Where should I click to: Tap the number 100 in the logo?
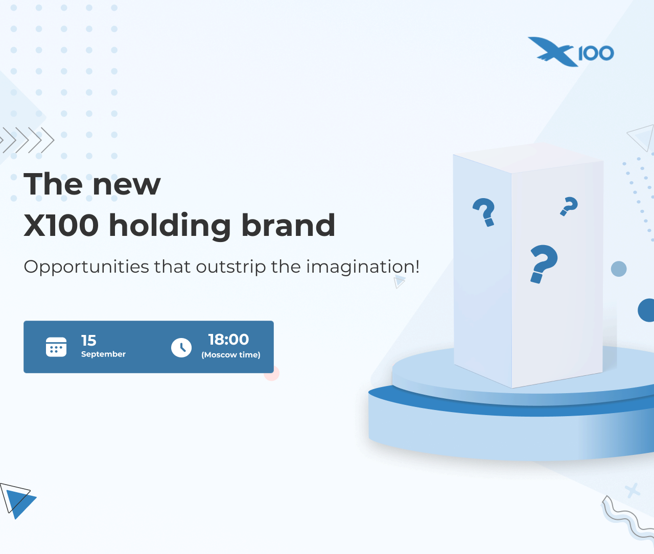pos(596,53)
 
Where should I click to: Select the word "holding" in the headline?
pos(170,225)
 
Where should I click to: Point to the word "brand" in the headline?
pos(288,225)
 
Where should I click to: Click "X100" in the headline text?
pos(61,225)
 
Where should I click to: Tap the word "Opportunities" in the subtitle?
pos(86,267)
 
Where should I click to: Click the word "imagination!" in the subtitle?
pos(363,267)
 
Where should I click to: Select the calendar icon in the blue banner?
pos(56,347)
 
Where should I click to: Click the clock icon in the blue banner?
pos(181,348)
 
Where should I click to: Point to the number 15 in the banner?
pos(88,341)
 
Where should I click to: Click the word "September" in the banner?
pos(103,354)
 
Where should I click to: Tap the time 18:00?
pos(228,340)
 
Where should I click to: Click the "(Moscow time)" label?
pos(231,355)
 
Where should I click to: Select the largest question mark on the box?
pos(544,263)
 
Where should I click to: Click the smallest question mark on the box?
pos(569,206)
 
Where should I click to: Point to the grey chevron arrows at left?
pos(27,140)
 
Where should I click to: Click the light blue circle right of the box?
pos(619,269)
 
